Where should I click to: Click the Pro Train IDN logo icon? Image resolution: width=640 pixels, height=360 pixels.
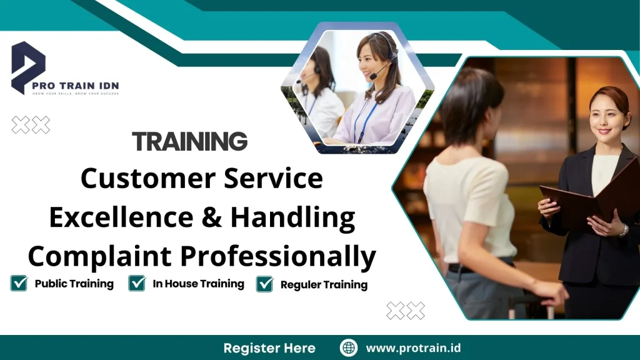(x=28, y=66)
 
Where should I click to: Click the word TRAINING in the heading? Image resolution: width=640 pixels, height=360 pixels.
(x=190, y=142)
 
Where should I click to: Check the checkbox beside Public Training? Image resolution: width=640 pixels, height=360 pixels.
(x=19, y=284)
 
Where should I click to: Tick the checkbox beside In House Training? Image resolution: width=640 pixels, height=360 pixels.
(x=137, y=284)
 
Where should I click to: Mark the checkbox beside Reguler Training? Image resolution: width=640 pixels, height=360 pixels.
(x=265, y=284)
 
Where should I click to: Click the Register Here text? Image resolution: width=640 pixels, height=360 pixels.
(x=269, y=348)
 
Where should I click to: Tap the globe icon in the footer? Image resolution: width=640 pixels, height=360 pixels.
(x=349, y=348)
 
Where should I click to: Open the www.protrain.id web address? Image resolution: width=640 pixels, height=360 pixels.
(x=413, y=348)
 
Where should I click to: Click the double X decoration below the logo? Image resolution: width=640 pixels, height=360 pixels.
(x=31, y=126)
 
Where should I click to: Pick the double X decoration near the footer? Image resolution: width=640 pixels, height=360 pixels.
(x=406, y=310)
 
